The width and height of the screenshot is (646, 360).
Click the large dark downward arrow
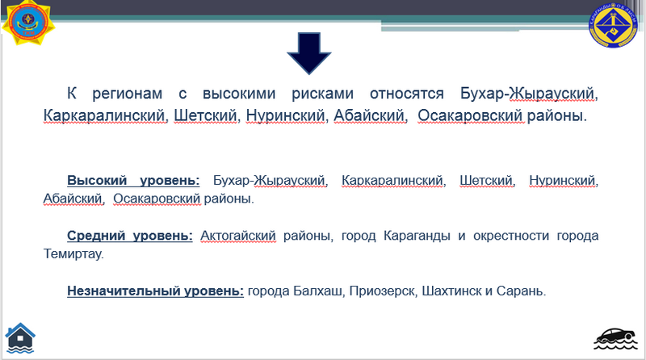pos(309,52)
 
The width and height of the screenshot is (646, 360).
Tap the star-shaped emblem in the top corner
pos(28,23)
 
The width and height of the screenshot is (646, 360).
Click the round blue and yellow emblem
pos(613,26)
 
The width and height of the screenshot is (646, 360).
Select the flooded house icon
pos(20,338)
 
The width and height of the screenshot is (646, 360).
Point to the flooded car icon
pos(615,339)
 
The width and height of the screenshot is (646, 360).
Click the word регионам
pos(127,94)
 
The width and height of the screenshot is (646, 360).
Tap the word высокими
pos(239,94)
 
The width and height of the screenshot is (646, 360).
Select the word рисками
pos(322,94)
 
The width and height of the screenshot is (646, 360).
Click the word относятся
pos(407,94)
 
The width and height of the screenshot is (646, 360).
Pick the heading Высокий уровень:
pos(133,181)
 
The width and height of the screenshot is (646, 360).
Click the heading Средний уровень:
pos(130,236)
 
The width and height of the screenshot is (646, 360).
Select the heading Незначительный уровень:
pos(155,291)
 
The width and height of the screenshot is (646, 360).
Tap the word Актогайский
pos(238,236)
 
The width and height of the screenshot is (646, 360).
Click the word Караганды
pos(417,236)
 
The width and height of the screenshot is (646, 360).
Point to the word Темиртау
pos(73,253)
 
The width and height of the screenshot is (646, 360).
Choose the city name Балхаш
pos(317,291)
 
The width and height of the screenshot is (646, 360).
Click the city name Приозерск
pos(382,291)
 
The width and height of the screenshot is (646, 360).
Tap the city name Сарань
pos(519,291)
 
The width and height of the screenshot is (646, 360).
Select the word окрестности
pos(511,236)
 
